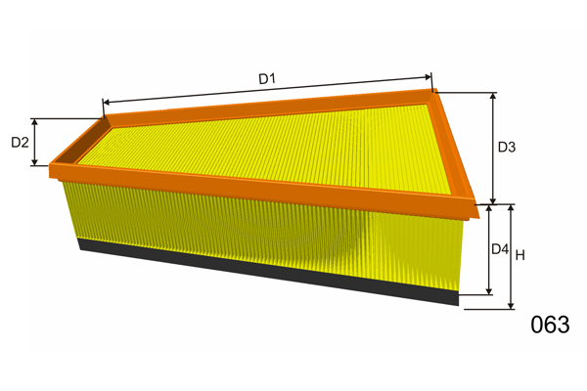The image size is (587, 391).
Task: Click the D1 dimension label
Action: (267, 78)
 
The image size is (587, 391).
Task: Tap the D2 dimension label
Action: (20, 142)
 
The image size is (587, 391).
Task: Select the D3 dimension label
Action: (507, 147)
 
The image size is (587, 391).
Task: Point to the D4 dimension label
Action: (500, 249)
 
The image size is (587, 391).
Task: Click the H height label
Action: (520, 255)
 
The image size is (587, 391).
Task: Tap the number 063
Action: (550, 325)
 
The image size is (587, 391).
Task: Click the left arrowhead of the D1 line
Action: (106, 102)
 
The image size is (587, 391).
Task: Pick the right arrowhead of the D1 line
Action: (428, 77)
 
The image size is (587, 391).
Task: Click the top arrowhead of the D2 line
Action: (34, 121)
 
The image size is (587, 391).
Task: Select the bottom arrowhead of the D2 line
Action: (34, 162)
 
